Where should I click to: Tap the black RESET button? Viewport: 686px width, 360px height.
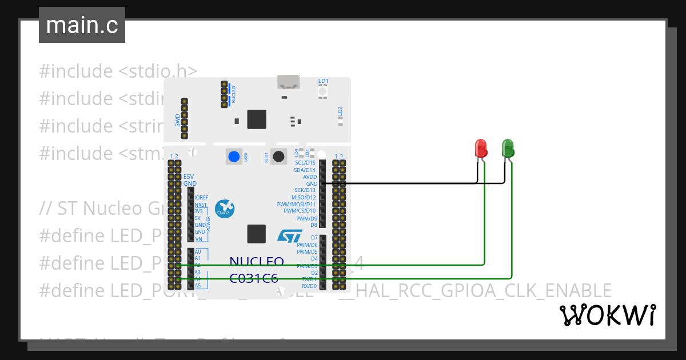(278, 157)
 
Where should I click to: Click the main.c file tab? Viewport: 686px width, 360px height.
(82, 25)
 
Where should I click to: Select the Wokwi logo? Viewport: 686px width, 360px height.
(607, 315)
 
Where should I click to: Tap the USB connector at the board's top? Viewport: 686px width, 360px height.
(289, 82)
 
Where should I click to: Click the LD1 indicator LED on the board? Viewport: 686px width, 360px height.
(323, 91)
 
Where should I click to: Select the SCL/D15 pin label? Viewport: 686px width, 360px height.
(305, 163)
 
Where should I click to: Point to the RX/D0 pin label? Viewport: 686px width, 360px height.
(309, 286)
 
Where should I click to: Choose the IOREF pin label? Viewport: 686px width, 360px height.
(201, 197)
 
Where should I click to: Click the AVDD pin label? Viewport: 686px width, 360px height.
(310, 177)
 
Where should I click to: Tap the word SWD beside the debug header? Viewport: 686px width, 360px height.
(178, 120)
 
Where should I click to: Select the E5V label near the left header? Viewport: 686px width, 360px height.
(189, 177)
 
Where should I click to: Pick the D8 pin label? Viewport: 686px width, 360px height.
(313, 225)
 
